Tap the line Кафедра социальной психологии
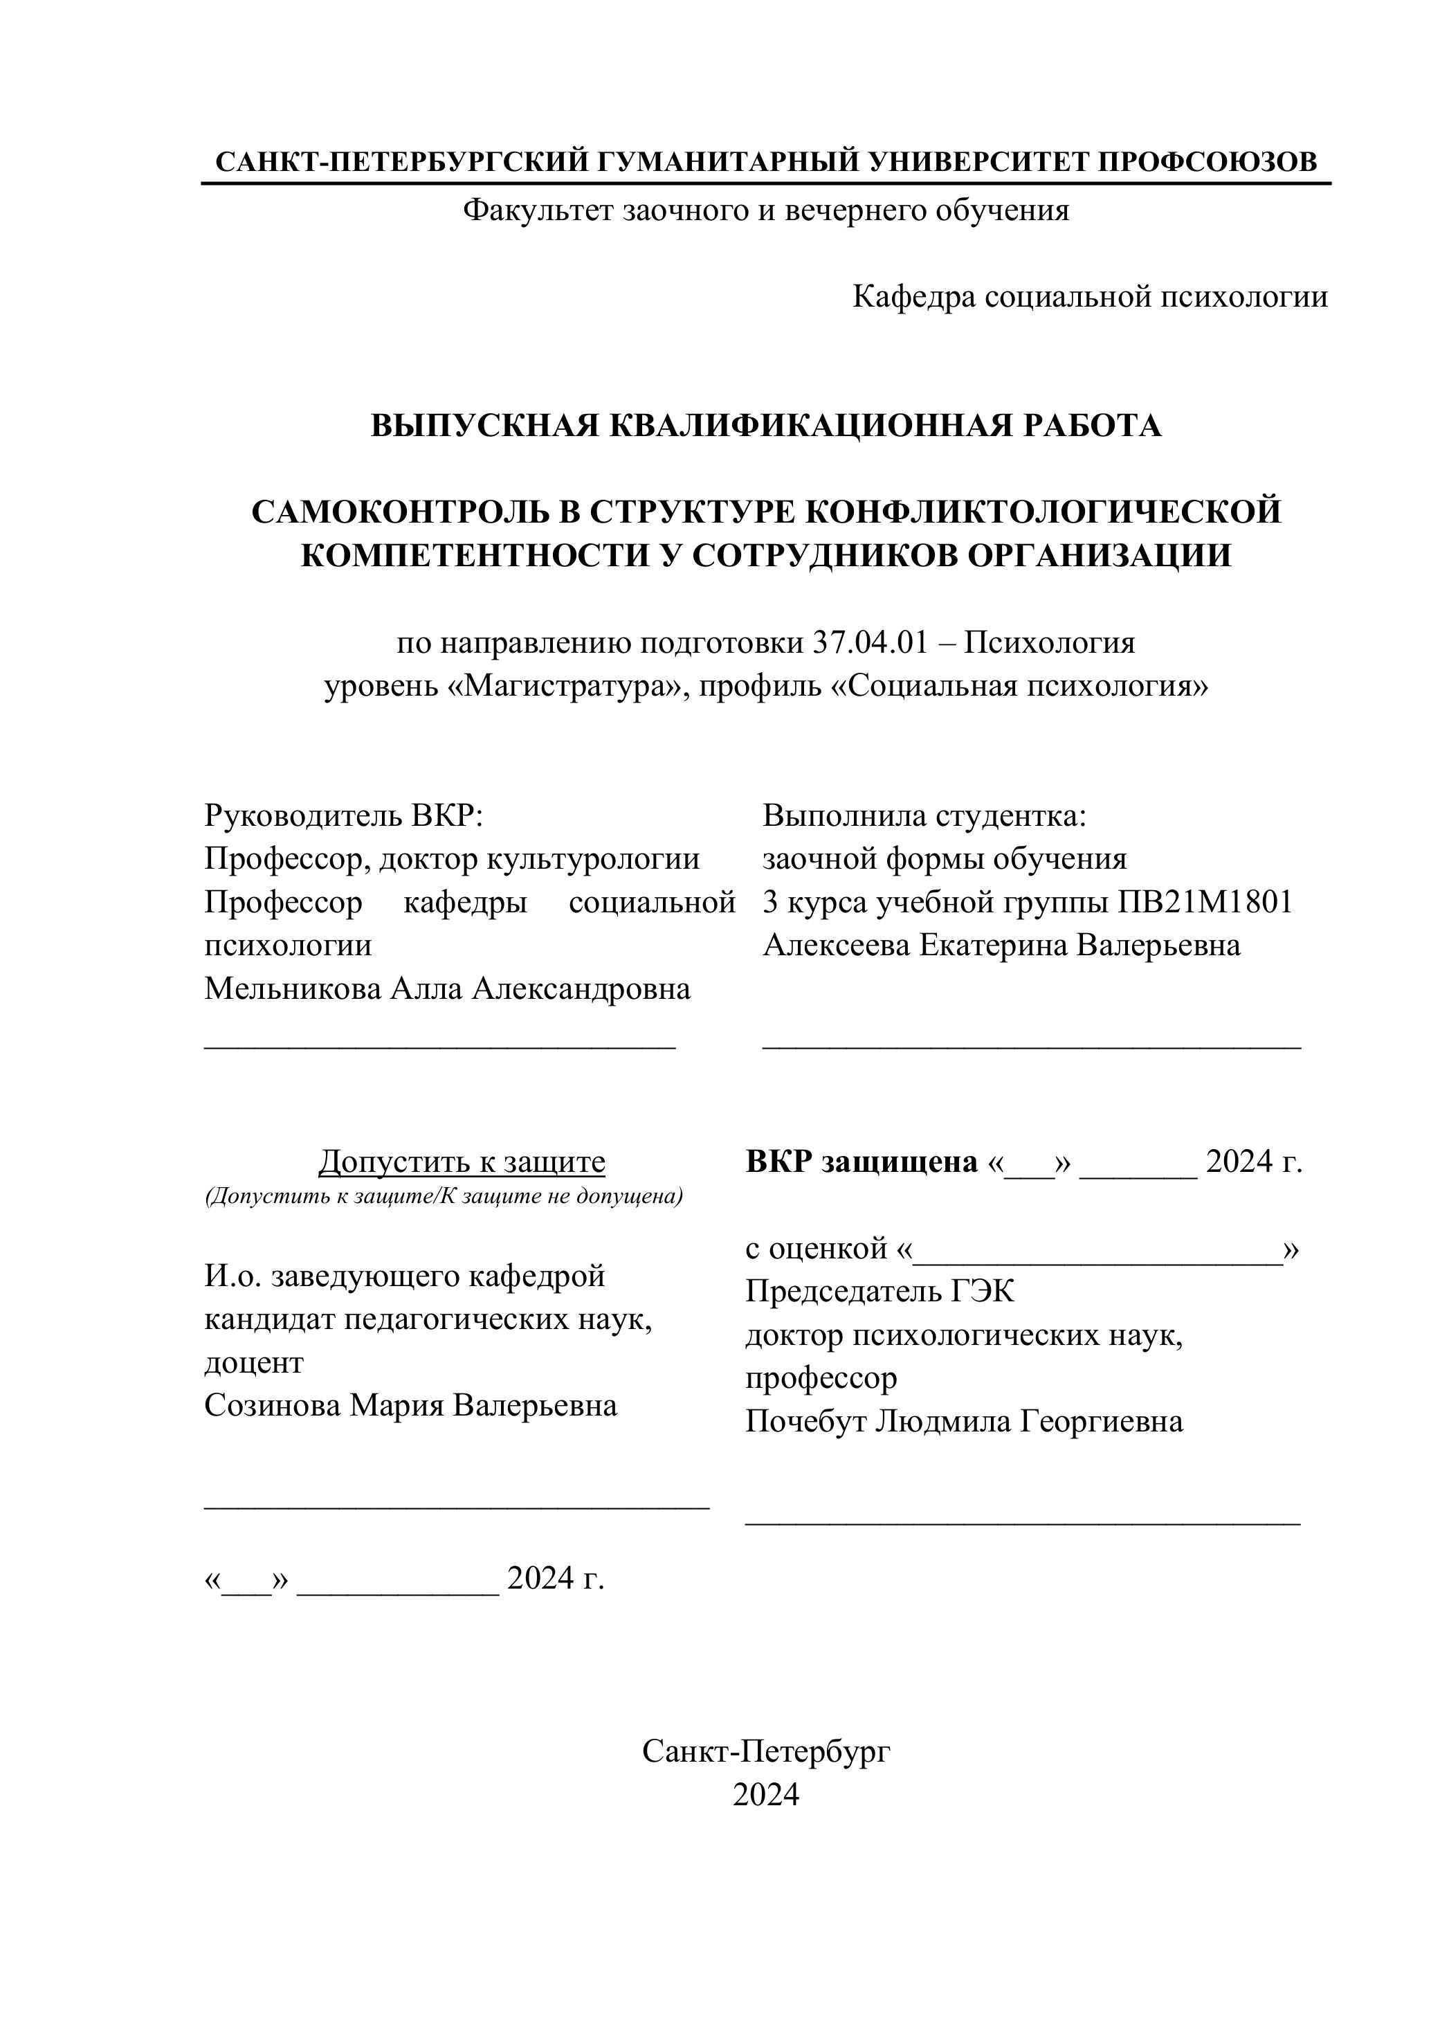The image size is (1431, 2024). (1090, 297)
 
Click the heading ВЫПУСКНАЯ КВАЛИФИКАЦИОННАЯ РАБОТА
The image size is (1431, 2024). (766, 426)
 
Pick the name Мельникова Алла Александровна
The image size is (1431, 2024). (448, 989)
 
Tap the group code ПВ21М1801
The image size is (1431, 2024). (1205, 902)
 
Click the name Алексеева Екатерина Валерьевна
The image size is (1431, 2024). (1002, 945)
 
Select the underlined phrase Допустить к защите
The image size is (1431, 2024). (462, 1162)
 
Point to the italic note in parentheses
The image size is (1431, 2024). (444, 1197)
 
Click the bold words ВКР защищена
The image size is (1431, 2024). (862, 1162)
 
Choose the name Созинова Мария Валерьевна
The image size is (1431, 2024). (410, 1405)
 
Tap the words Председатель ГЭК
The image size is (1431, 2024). (880, 1292)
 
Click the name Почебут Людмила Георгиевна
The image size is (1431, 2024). (964, 1421)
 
